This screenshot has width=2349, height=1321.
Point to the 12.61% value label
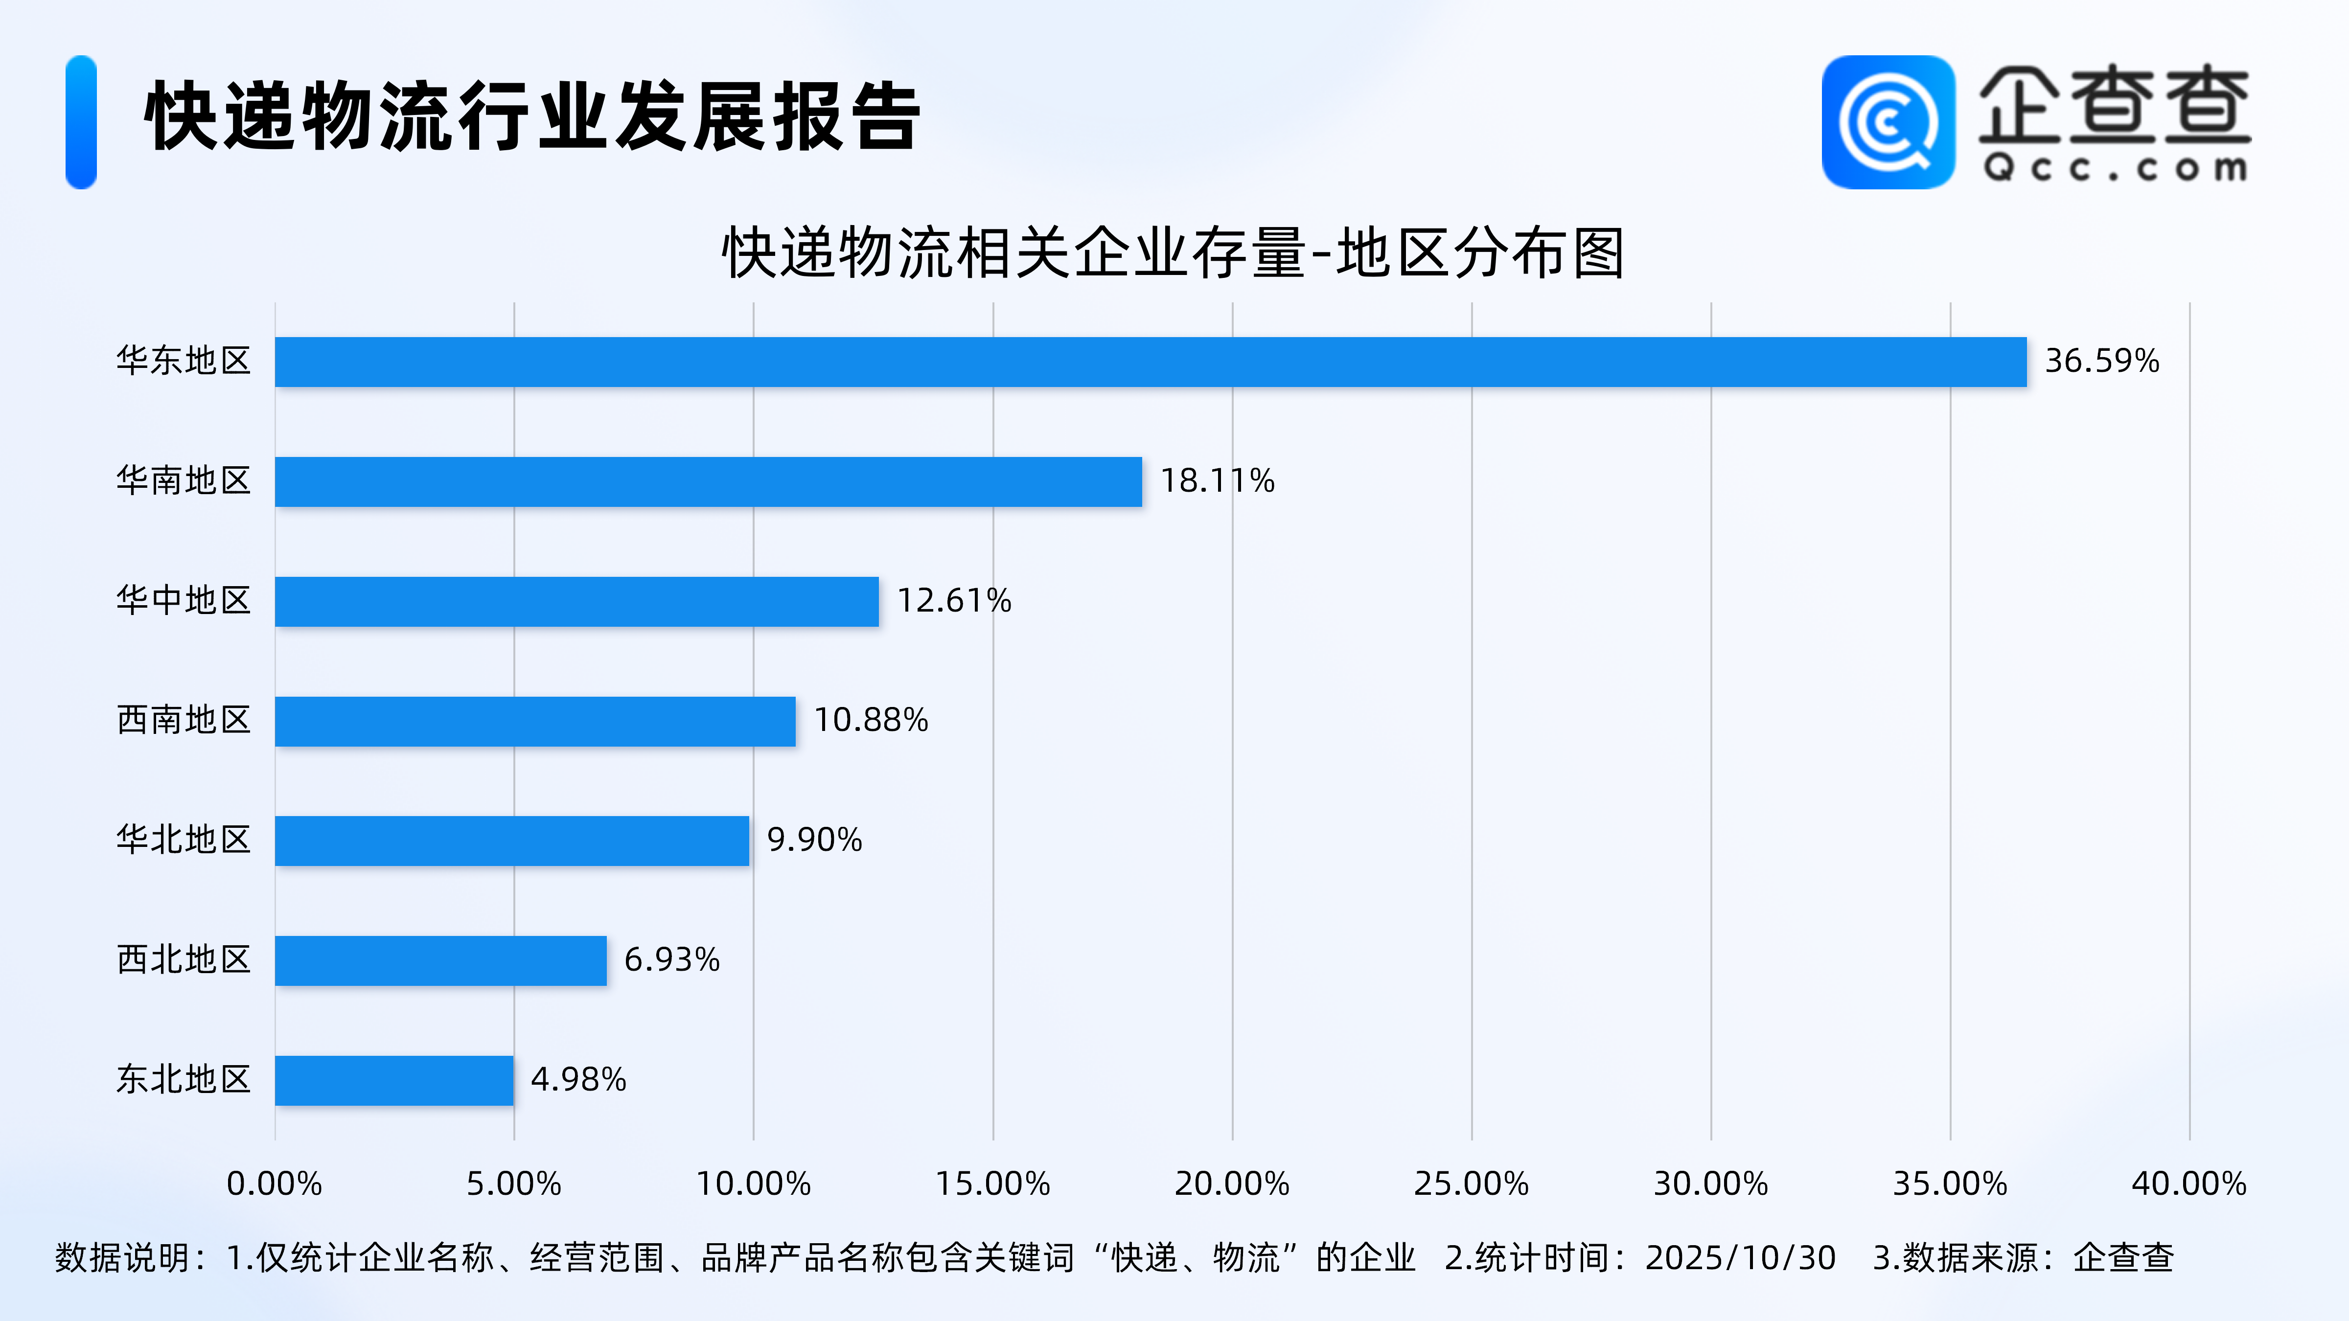954,601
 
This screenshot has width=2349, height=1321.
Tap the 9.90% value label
814,840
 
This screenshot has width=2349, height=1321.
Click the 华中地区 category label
184,601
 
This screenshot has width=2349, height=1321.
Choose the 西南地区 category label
184,720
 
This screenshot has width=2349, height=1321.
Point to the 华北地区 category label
184,840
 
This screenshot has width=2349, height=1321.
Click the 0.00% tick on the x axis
275,1184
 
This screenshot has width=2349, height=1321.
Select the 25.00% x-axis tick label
1471,1184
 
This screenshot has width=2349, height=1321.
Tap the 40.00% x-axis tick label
2188,1184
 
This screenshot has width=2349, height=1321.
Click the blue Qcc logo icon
1888,122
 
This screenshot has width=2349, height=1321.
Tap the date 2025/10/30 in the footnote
1740,1258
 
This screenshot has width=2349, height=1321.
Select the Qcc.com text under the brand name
2114,168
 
